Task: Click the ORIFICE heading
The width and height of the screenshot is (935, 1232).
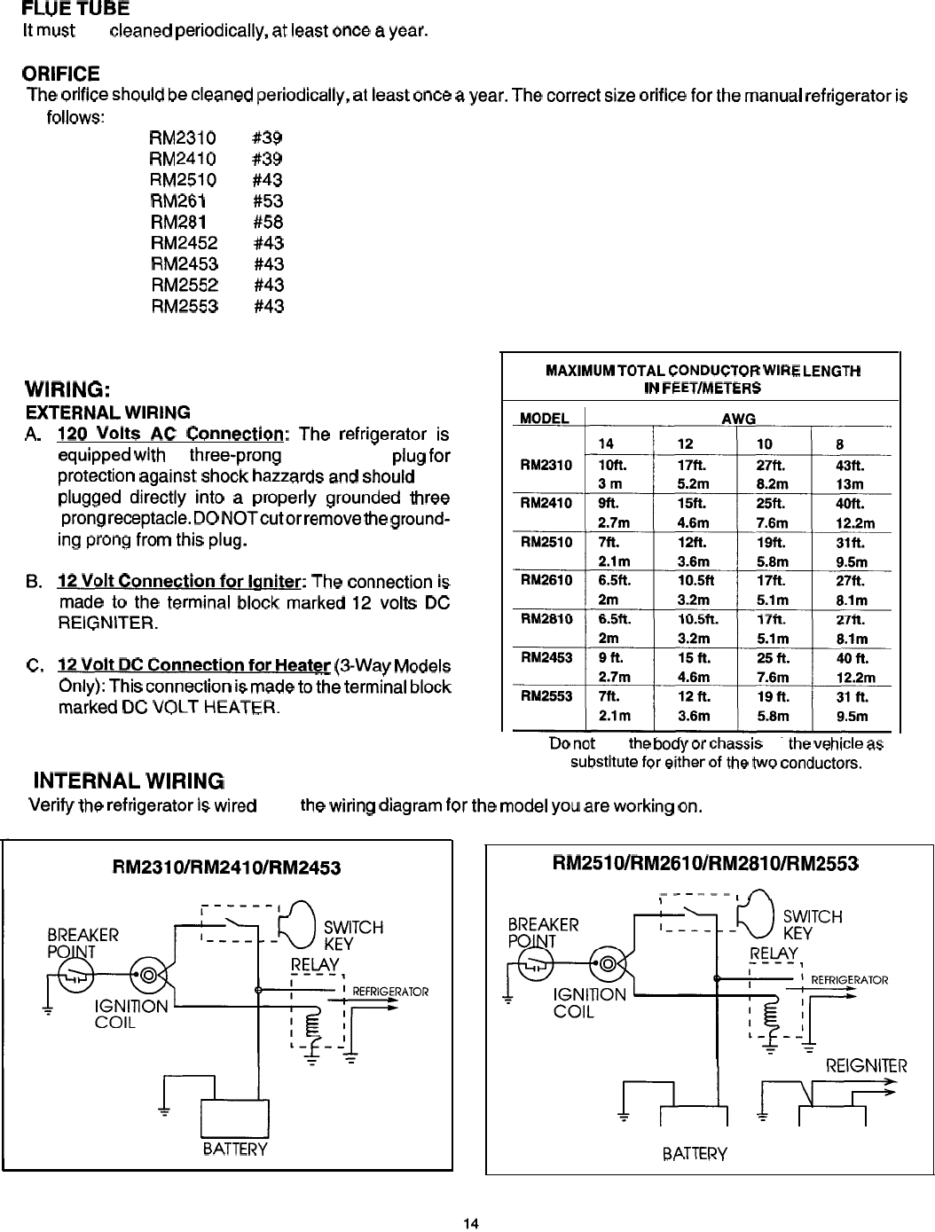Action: click(x=63, y=72)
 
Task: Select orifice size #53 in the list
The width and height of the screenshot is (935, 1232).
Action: click(x=268, y=201)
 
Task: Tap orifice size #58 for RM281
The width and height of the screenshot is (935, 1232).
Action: click(x=268, y=222)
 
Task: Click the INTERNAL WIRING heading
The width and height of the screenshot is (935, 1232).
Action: click(x=128, y=781)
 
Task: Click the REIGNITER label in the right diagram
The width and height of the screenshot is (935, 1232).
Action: click(x=866, y=1065)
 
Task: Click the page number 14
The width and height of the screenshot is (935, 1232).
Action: click(x=471, y=1224)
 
